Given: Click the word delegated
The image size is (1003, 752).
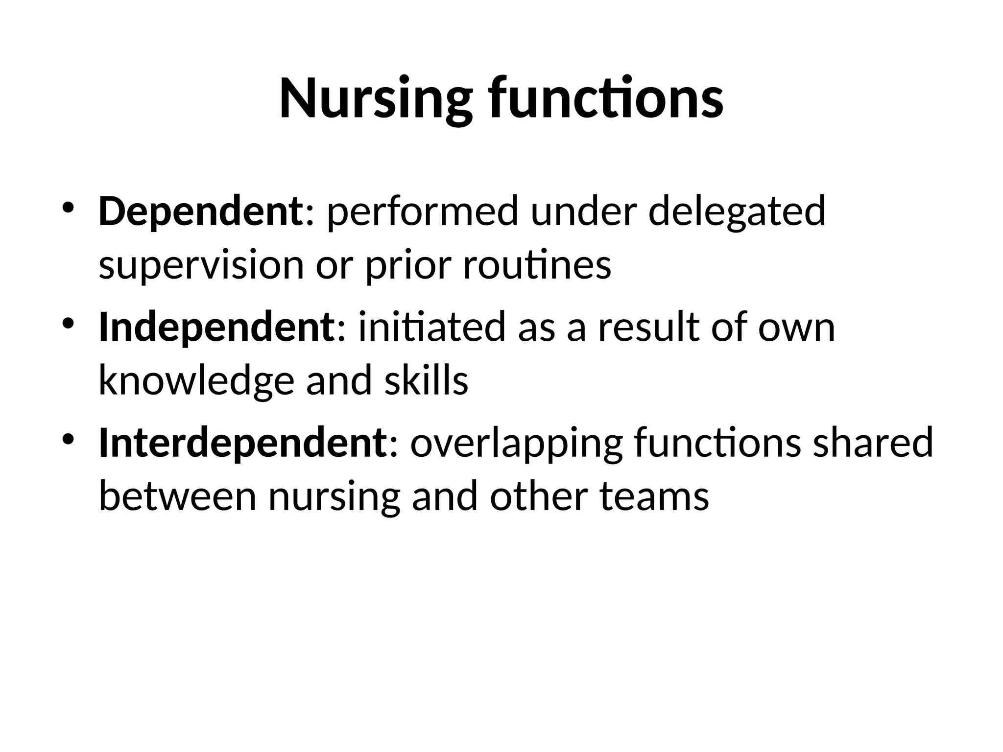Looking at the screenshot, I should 737,211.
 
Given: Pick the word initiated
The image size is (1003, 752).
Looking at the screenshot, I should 431,327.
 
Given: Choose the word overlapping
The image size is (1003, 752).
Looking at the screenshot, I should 516,442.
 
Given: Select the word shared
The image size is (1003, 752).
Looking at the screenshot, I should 872,442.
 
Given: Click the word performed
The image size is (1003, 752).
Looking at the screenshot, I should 422,211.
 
